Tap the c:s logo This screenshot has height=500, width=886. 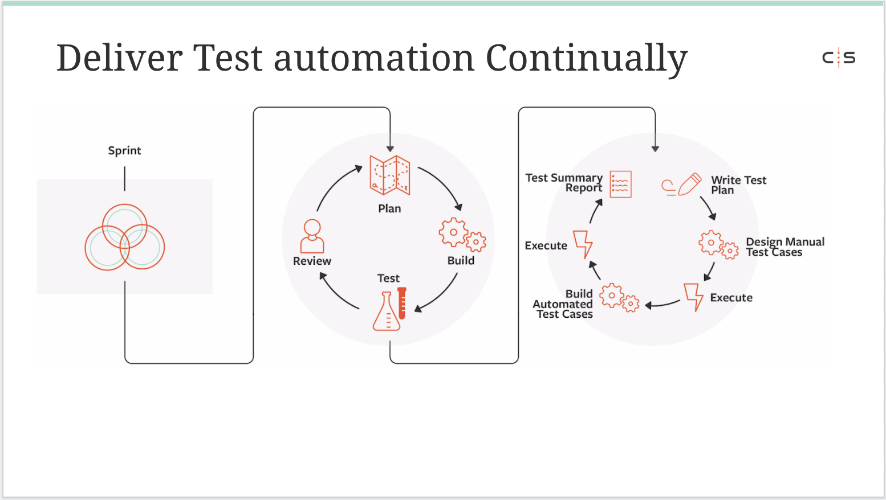pos(839,58)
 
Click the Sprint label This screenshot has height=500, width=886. pos(125,151)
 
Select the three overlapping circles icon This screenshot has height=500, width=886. pos(125,237)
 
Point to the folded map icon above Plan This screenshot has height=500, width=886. pos(389,175)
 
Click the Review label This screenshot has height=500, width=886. pos(312,261)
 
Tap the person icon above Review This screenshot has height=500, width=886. pos(312,236)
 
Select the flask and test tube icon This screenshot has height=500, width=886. pos(389,309)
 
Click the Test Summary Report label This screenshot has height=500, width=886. pos(564,183)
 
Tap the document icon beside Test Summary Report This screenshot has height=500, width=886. pos(620,184)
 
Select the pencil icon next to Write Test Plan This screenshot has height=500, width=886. pos(690,184)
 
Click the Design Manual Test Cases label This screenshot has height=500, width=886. pos(785,247)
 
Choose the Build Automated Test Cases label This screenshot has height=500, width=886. pos(563,304)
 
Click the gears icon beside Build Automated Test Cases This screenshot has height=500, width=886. pos(619,298)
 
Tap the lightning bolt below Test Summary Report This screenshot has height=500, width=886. pos(583,244)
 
